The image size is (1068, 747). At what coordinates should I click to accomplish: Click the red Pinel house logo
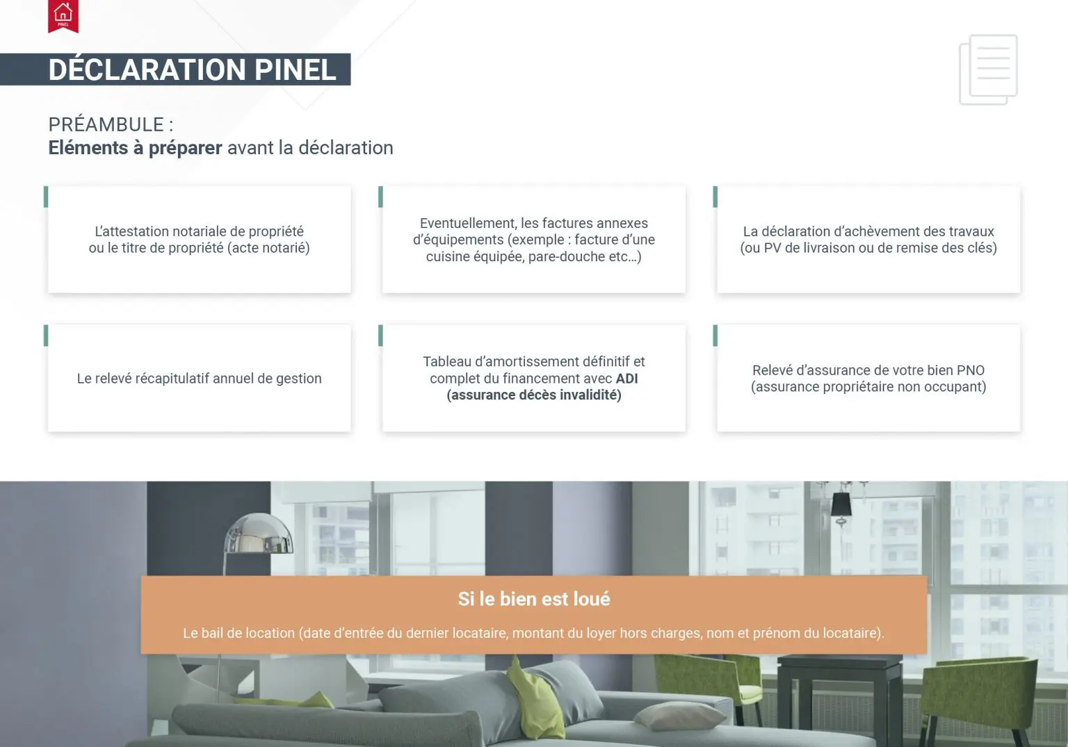63,16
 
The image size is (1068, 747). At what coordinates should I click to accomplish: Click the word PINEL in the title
295,70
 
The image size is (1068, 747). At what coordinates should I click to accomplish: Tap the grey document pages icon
988,69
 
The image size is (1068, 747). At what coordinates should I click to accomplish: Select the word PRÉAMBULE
106,124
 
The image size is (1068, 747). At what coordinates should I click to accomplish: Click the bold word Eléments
88,148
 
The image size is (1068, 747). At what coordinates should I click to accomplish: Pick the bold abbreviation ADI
627,378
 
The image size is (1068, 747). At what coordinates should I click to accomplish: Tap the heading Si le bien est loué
534,599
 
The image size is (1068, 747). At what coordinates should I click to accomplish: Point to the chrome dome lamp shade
259,534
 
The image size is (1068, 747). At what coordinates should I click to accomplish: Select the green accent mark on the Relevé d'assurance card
715,336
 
